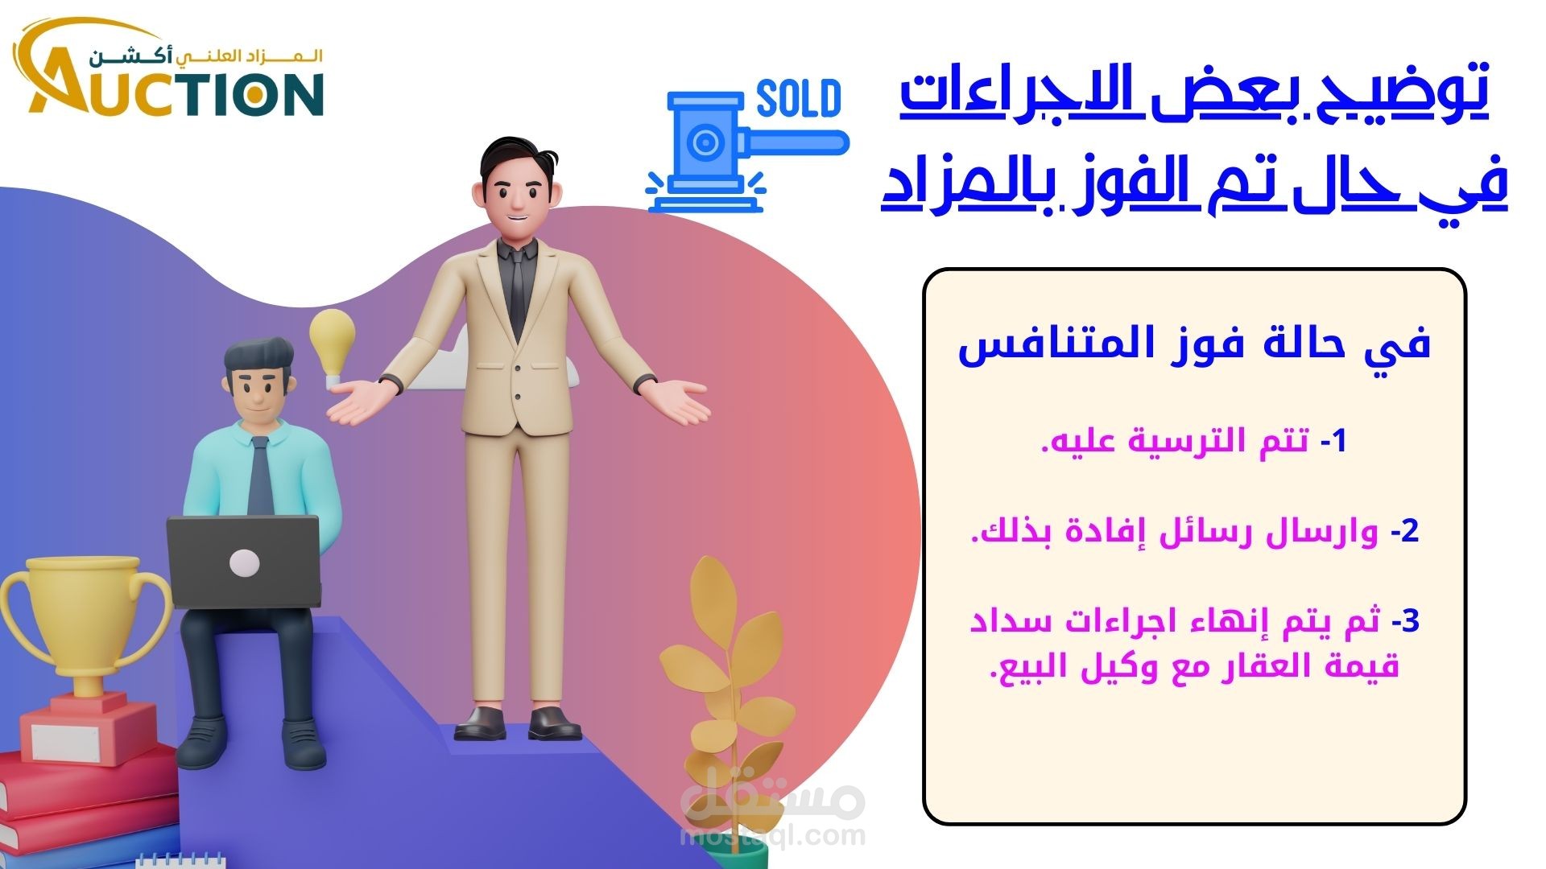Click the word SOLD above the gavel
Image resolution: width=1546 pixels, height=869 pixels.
(x=799, y=100)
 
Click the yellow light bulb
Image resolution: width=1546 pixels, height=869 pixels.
(x=333, y=343)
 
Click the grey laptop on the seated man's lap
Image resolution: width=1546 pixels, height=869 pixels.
(x=243, y=562)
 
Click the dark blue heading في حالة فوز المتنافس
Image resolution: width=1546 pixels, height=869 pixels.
(x=1194, y=344)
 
